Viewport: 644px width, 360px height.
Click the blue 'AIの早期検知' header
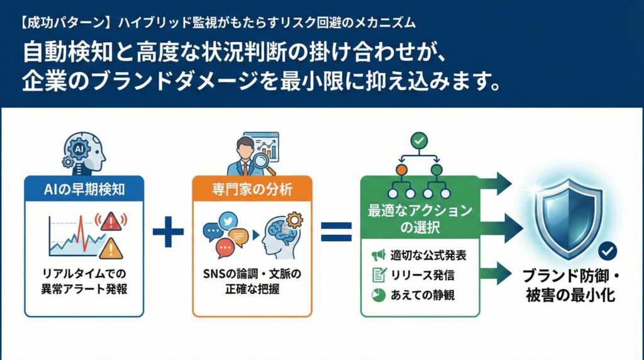point(83,187)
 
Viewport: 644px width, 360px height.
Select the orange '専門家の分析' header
point(252,187)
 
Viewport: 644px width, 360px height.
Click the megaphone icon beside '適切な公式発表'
point(377,255)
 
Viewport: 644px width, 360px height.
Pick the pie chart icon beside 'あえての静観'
point(377,294)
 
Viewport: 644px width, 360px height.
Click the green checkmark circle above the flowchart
point(418,140)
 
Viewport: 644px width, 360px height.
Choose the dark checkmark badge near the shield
point(607,252)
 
